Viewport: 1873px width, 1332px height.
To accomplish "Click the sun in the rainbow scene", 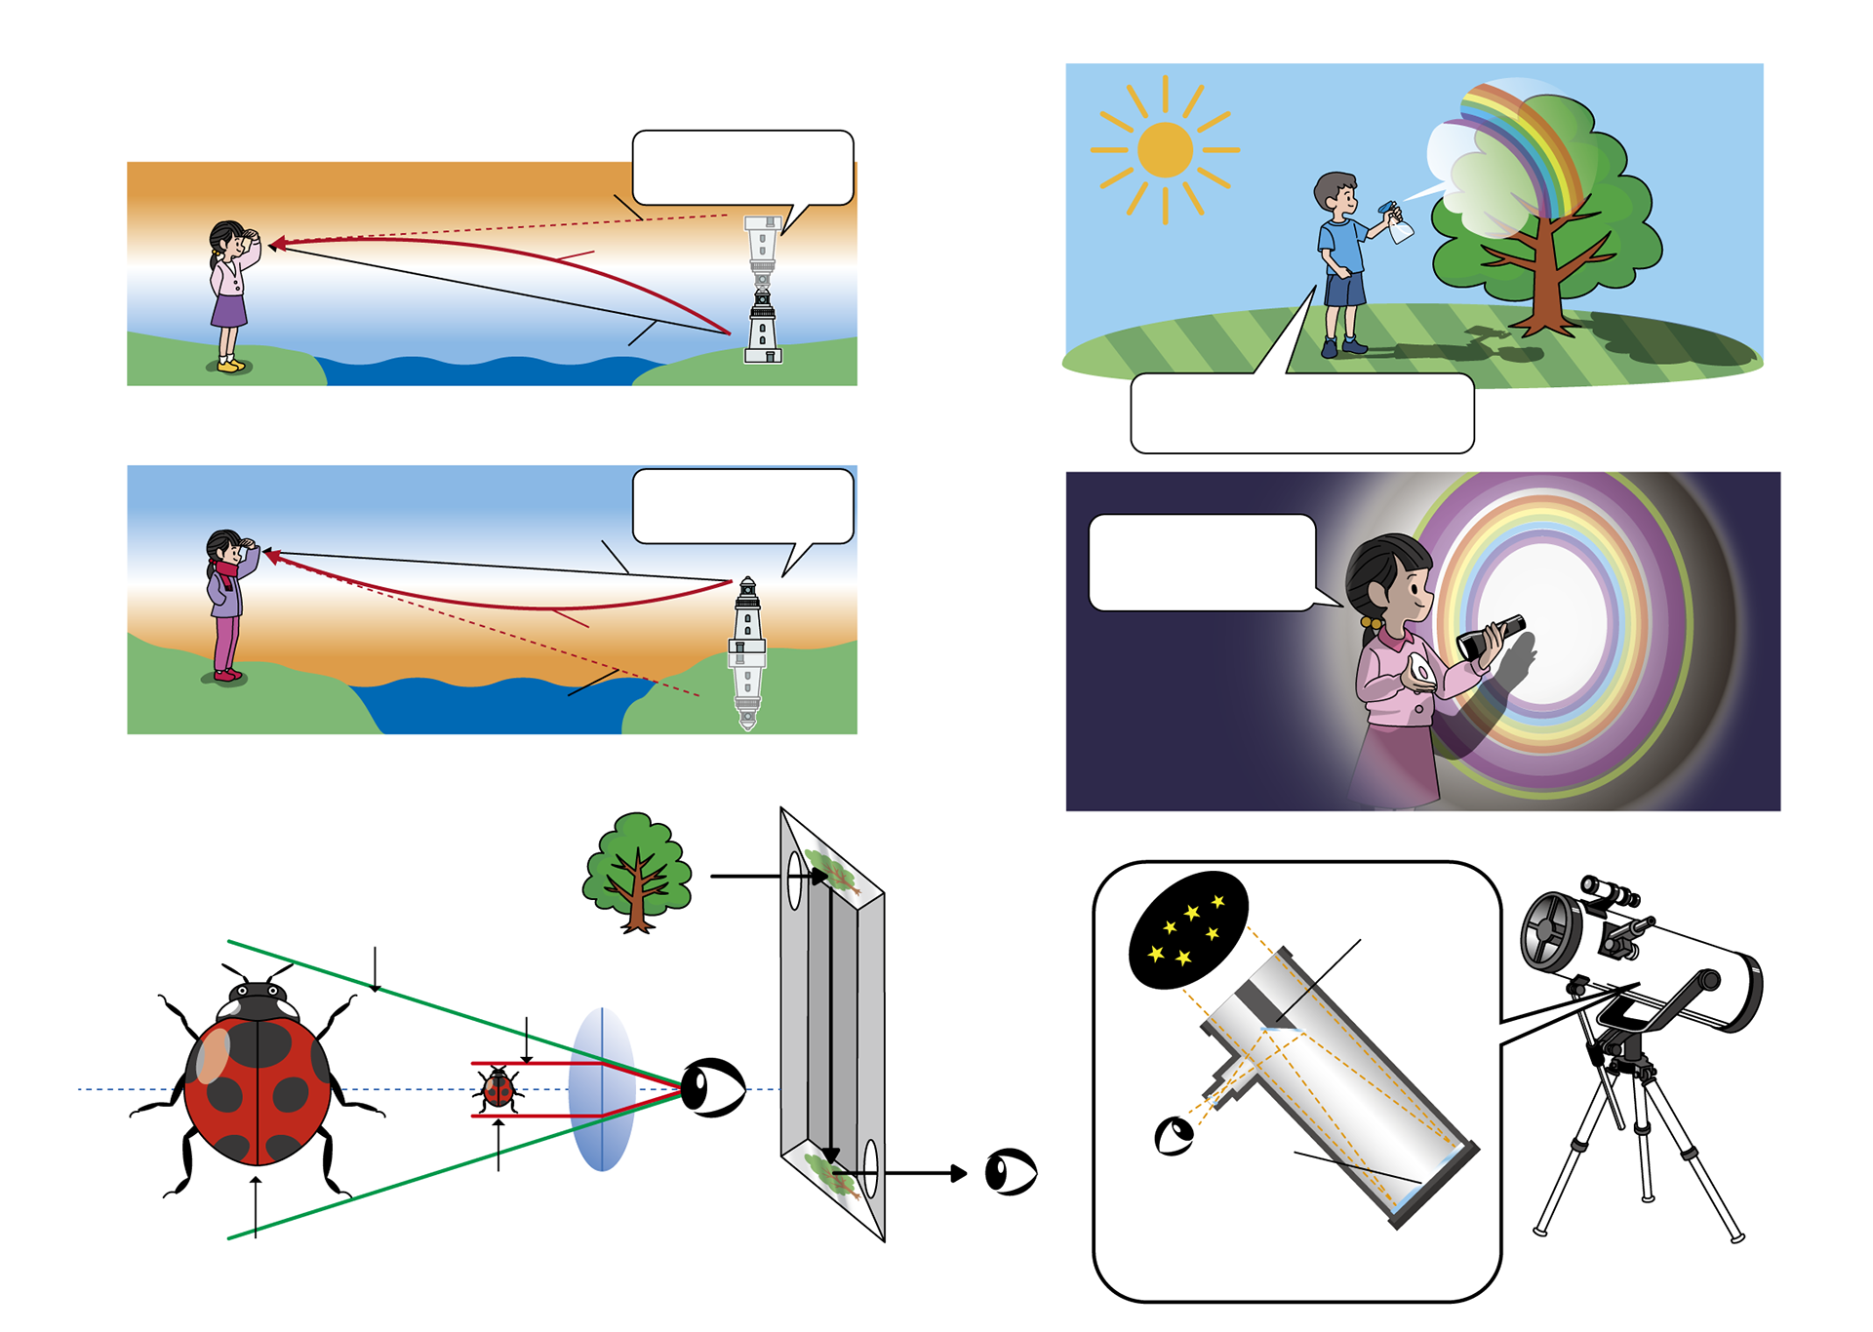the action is (x=1165, y=150).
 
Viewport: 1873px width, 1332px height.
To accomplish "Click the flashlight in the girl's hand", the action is (x=1488, y=636).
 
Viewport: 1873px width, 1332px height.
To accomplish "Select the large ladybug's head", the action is (x=258, y=1001).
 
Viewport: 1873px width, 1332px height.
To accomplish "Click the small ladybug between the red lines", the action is (x=498, y=1089).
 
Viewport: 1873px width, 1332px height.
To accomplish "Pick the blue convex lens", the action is (x=602, y=1089).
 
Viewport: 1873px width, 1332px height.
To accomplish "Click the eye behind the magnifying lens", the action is (x=713, y=1087).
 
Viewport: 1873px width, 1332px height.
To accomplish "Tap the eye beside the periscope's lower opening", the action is (x=1011, y=1171).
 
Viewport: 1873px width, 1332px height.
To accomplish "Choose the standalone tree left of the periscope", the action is (x=638, y=872).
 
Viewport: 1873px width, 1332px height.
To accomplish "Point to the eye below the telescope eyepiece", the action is (x=1174, y=1136).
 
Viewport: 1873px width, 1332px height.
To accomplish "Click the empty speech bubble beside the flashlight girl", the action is (x=1202, y=563).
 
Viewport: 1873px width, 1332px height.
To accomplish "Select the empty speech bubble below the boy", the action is (x=1301, y=413).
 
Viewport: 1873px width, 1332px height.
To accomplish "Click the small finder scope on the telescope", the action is (x=1610, y=891).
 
